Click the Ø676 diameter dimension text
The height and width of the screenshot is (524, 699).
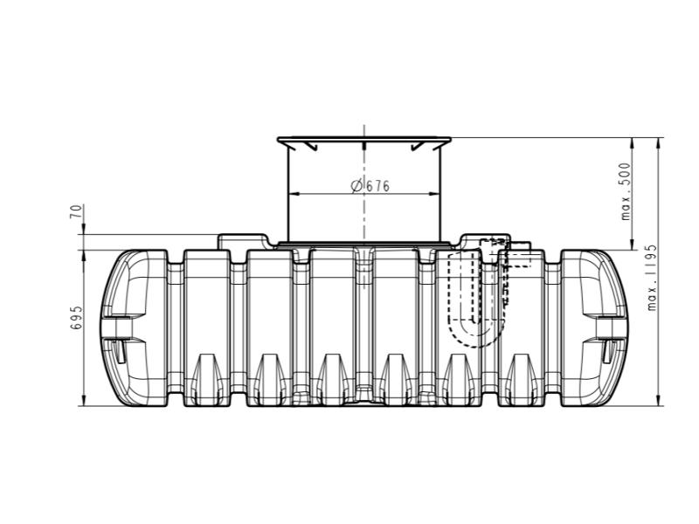[x=370, y=186]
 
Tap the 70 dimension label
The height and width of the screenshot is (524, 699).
[x=77, y=212]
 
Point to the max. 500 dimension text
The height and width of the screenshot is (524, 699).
[x=626, y=191]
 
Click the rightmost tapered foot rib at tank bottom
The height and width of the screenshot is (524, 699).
[x=522, y=376]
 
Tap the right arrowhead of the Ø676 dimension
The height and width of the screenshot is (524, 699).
[x=434, y=193]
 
